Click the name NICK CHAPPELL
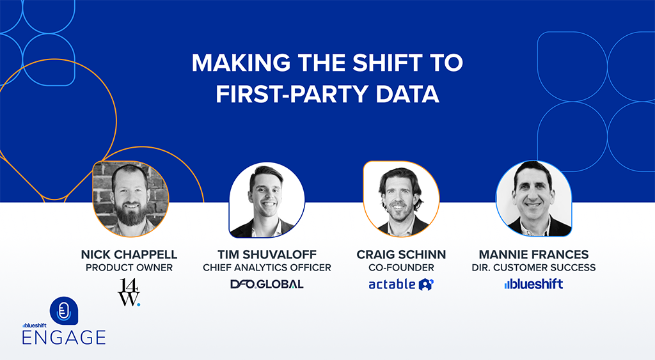coord(129,254)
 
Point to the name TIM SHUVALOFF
coord(267,254)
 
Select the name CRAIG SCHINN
coord(401,254)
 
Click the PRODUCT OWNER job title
coord(129,267)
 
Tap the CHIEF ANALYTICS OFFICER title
coord(267,267)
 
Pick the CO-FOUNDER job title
coord(401,267)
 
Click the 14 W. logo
coord(129,292)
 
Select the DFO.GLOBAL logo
coord(267,284)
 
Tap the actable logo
coord(401,284)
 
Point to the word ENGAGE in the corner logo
coord(63,337)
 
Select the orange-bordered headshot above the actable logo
coord(401,199)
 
